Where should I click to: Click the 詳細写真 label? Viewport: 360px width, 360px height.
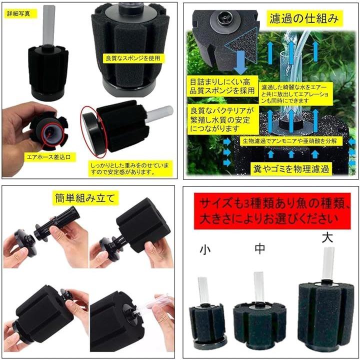18,13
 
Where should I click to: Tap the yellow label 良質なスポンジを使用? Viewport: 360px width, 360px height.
132,58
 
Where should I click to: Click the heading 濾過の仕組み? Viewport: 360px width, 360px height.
307,19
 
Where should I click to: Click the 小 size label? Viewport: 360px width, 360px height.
204,248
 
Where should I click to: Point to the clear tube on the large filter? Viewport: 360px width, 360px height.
327,262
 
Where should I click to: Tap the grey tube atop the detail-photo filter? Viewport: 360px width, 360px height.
49,22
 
